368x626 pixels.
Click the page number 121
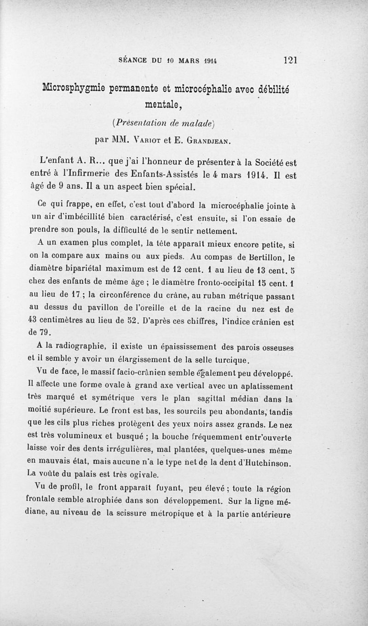[x=291, y=60]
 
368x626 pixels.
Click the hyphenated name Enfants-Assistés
[x=177, y=175]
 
